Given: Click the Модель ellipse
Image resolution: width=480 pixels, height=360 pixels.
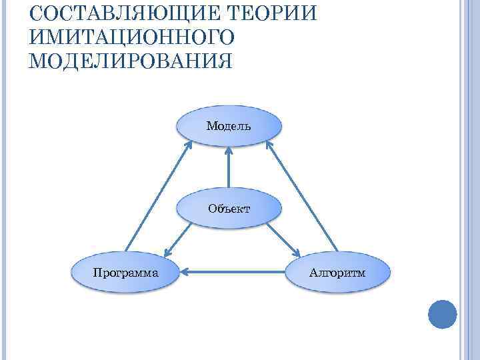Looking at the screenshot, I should [229, 125].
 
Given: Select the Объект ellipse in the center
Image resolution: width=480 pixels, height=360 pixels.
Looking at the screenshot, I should [229, 208].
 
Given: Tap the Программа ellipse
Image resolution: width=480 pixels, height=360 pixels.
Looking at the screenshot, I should [126, 272].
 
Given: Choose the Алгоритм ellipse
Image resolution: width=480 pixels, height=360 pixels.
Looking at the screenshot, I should [337, 272].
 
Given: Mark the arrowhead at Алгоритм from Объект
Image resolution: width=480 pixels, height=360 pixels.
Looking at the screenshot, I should [297, 252].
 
